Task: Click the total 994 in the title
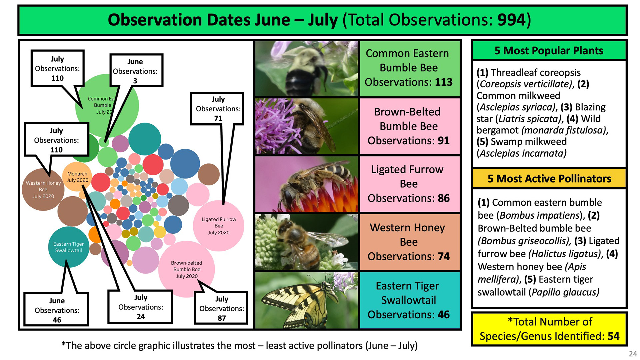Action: pyautogui.click(x=512, y=20)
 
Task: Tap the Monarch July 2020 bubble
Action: pyautogui.click(x=77, y=177)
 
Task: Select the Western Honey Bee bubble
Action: pyautogui.click(x=43, y=189)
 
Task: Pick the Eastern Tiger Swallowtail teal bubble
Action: pyautogui.click(x=68, y=247)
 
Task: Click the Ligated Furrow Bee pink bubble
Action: pyautogui.click(x=219, y=226)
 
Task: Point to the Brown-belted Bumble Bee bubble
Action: pyautogui.click(x=187, y=269)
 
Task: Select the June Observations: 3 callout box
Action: pyautogui.click(x=136, y=70)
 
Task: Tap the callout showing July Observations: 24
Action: pyautogui.click(x=140, y=307)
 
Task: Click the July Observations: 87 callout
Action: pyautogui.click(x=221, y=308)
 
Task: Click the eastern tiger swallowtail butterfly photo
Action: pyautogui.click(x=307, y=300)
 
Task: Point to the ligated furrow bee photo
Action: pyautogui.click(x=307, y=184)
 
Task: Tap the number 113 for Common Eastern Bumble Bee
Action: pyautogui.click(x=444, y=82)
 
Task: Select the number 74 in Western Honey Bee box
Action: pyautogui.click(x=444, y=256)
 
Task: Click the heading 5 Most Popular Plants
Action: pyautogui.click(x=549, y=50)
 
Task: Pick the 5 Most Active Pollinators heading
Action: pyautogui.click(x=549, y=179)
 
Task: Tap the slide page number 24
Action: pyautogui.click(x=633, y=354)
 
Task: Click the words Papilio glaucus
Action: pyautogui.click(x=565, y=292)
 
